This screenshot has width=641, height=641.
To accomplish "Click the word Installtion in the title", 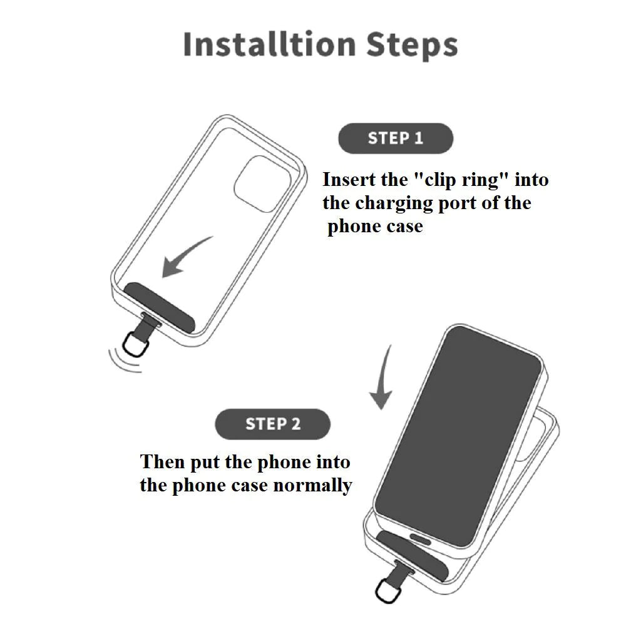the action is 270,44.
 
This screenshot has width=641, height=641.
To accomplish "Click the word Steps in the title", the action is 412,46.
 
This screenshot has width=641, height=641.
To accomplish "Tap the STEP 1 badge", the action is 396,138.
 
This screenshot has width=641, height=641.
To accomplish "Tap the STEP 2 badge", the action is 273,424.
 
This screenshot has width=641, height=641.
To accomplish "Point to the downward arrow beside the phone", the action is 382,378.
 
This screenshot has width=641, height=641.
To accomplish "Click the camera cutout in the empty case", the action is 262,183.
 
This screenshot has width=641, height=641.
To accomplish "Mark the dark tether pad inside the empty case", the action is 160,307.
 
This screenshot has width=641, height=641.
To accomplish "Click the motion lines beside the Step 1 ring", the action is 123,362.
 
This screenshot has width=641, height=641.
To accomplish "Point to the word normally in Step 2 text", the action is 312,486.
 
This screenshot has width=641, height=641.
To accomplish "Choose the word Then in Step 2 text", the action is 162,462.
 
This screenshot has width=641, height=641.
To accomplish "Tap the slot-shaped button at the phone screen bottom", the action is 420,539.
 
